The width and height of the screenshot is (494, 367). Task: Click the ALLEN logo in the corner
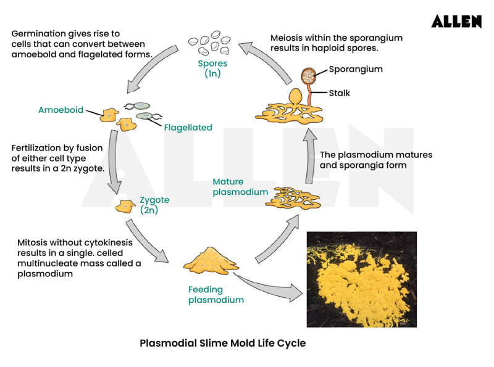coord(456,22)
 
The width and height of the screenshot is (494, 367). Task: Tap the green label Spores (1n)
coord(212,68)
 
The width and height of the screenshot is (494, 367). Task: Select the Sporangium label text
coord(355,69)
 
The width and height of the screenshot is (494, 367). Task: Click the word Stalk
coord(339,93)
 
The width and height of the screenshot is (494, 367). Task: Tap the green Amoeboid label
coord(61,110)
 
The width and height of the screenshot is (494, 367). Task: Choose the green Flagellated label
coord(188,128)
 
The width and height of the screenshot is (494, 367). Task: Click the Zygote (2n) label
coord(154,205)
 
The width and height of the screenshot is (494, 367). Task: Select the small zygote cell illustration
coord(127,206)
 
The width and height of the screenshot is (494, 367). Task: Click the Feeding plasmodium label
coord(216,295)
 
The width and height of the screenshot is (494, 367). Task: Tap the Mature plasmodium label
coord(240,187)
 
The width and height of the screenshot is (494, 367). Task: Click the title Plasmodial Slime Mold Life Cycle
coord(222,343)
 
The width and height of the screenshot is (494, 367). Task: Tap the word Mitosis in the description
coord(35,242)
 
